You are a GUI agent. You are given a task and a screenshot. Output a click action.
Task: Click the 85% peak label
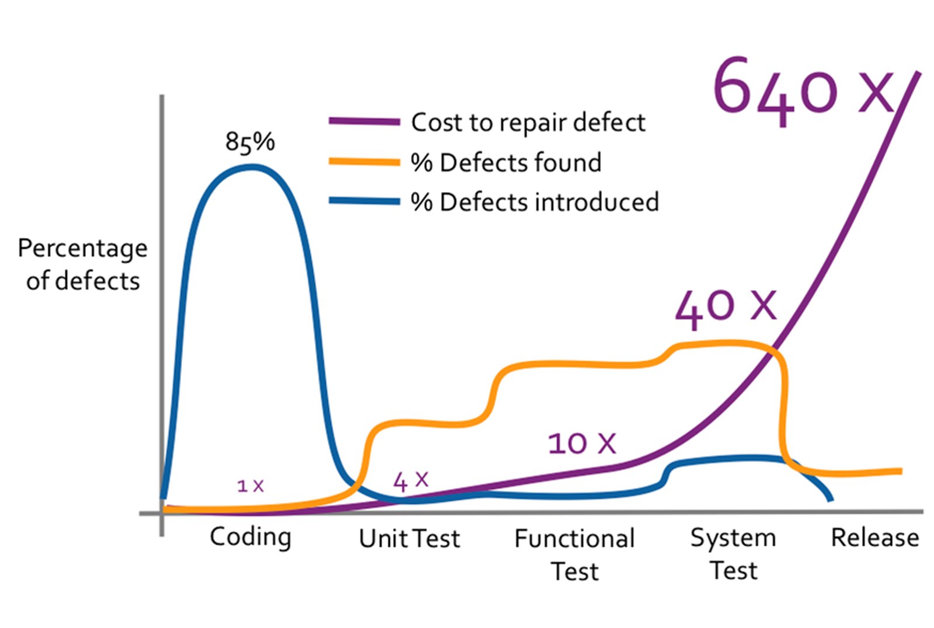coord(250,142)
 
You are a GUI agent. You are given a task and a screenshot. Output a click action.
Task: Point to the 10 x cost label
coord(581,443)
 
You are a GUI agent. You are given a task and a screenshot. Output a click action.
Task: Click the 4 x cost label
coord(410,481)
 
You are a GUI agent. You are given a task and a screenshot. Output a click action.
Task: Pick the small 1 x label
coord(250,485)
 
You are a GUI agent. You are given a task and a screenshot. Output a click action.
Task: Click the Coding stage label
coord(250,538)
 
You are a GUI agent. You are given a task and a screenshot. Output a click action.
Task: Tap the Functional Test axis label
coord(574,554)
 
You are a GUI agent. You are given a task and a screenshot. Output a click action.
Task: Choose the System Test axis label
coord(733,553)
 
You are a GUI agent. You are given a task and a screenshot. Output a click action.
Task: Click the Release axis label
coord(874,538)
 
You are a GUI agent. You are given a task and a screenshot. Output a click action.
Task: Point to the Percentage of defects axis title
coord(82,264)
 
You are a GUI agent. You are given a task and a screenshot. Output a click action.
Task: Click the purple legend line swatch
coord(364,122)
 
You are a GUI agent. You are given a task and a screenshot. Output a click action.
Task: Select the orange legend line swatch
coord(364,162)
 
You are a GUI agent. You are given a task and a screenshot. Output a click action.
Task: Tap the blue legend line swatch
coord(364,201)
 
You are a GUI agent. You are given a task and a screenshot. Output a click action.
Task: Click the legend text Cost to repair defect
coord(528,123)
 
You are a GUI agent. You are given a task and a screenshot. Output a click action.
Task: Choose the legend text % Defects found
coord(506,162)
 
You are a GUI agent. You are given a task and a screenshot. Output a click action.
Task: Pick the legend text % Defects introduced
coord(535,202)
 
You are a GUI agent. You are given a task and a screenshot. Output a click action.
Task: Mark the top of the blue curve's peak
coord(251,168)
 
